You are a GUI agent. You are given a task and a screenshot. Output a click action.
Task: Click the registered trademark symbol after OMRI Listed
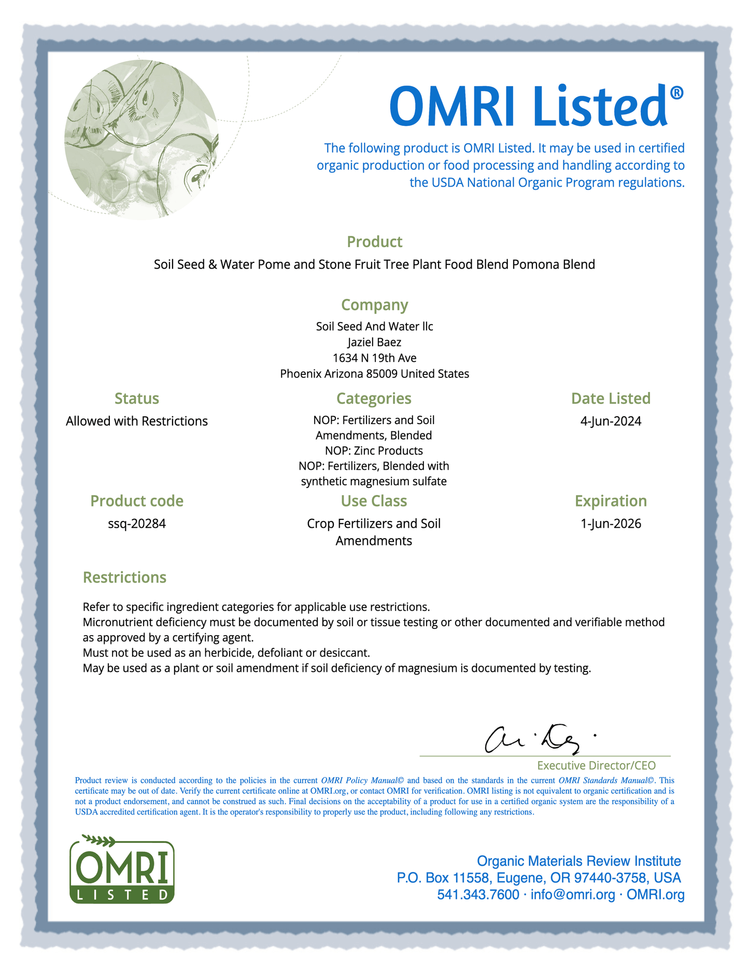click(676, 93)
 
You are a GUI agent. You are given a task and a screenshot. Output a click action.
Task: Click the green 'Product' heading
click(374, 242)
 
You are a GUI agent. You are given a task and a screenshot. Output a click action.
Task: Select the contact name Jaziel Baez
click(374, 342)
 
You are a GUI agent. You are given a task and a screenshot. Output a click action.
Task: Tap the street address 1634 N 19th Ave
click(374, 358)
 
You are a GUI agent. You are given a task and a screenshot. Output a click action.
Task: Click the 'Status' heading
click(136, 398)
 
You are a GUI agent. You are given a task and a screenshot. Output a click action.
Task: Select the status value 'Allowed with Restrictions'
click(136, 421)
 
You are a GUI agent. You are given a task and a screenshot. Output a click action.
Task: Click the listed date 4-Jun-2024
click(611, 421)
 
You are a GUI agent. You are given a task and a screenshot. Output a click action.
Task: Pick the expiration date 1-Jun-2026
click(611, 524)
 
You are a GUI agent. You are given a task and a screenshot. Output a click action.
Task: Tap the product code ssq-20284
click(136, 524)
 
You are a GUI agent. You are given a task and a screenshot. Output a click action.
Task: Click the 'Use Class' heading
click(374, 501)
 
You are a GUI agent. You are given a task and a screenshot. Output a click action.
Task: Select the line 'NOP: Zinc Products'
click(374, 451)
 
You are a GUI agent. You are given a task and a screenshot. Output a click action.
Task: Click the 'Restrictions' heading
click(124, 578)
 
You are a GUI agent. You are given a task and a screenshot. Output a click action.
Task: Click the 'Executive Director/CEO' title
click(596, 765)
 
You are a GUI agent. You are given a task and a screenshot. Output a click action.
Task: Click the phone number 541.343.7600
click(478, 894)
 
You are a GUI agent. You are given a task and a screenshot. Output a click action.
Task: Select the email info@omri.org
click(573, 894)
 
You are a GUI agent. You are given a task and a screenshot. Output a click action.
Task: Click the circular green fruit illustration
click(141, 139)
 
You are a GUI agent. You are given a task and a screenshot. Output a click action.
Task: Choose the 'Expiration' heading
click(611, 501)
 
